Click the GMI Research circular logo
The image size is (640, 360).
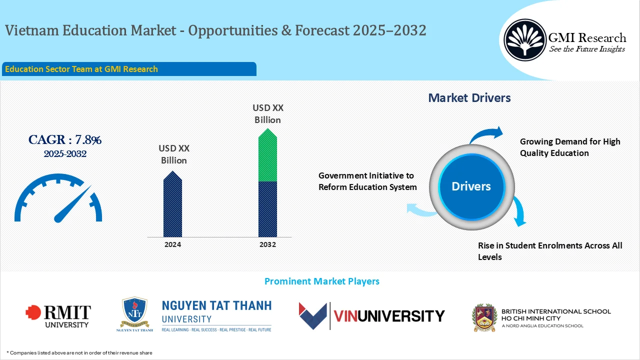click(525, 40)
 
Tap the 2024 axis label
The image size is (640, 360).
click(172, 244)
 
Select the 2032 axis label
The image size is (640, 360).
click(267, 244)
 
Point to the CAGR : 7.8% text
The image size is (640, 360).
click(65, 140)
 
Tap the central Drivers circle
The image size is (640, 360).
click(471, 186)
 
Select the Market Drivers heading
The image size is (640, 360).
click(469, 98)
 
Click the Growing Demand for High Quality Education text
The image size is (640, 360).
click(570, 147)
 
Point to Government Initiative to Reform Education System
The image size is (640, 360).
click(367, 181)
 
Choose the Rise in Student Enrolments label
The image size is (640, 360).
click(550, 251)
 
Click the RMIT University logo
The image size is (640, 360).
click(58, 316)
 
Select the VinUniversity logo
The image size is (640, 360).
click(371, 316)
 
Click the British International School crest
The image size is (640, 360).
click(484, 316)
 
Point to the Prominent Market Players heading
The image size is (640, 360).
click(321, 281)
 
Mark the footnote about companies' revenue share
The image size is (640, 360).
click(79, 352)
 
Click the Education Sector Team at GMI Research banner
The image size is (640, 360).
click(129, 69)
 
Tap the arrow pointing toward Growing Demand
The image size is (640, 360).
click(487, 134)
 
